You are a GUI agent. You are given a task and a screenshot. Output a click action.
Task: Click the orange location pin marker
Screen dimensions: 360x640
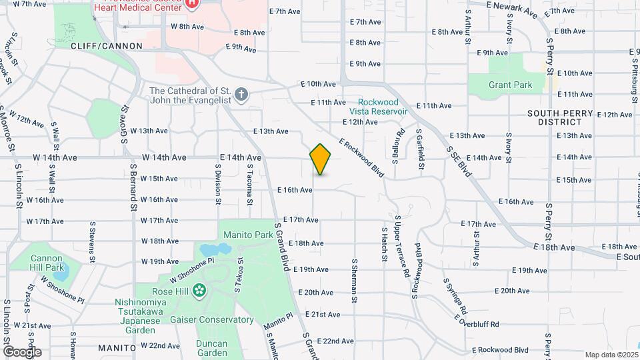(320, 159)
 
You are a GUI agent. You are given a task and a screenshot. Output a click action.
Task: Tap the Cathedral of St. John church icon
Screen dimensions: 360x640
(242, 95)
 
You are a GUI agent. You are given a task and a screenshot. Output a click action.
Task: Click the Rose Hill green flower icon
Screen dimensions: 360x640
(198, 291)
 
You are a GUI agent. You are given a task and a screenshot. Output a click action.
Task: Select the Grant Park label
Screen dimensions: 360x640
(510, 85)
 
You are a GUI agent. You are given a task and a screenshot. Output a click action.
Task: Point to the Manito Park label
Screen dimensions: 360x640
(248, 235)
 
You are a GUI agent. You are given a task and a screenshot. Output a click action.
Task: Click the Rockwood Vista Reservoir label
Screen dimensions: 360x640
(378, 107)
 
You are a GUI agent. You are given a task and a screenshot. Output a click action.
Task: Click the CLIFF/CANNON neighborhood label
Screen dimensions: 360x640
(107, 46)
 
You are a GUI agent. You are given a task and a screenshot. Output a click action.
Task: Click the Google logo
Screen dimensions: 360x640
(22, 351)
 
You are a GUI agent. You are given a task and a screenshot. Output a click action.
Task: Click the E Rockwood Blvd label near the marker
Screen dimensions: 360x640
(361, 157)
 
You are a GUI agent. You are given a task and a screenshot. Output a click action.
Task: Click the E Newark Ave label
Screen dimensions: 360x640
(511, 9)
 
